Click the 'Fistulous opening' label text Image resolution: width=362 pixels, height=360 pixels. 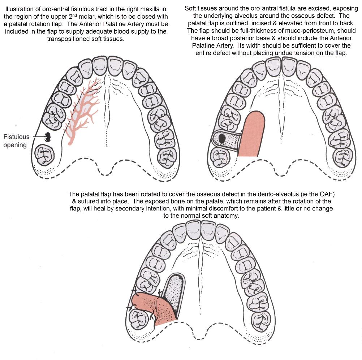tap(16, 141)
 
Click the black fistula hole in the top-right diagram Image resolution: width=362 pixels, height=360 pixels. tap(222, 139)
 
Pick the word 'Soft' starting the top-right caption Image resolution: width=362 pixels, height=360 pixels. tap(190, 8)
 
